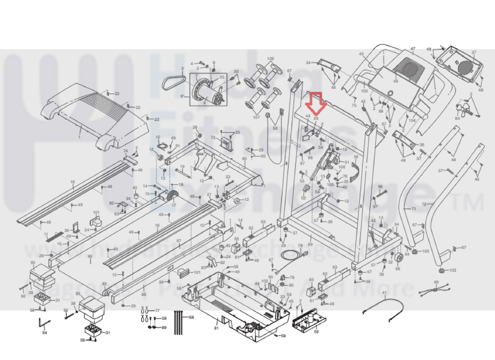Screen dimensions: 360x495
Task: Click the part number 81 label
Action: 216,328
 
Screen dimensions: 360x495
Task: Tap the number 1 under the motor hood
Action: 79,137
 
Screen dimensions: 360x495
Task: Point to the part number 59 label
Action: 316,331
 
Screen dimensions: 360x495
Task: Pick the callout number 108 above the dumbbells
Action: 270,59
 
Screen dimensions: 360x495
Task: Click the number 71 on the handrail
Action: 414,209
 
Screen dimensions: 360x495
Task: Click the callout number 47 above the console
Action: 413,49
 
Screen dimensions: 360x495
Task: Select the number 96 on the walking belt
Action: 90,257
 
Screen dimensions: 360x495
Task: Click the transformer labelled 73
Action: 227,143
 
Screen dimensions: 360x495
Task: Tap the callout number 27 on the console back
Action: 474,52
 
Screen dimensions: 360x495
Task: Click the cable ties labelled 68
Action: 179,322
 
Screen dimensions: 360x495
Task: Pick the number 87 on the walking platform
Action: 179,241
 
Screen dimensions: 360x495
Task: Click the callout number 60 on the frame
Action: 245,159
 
